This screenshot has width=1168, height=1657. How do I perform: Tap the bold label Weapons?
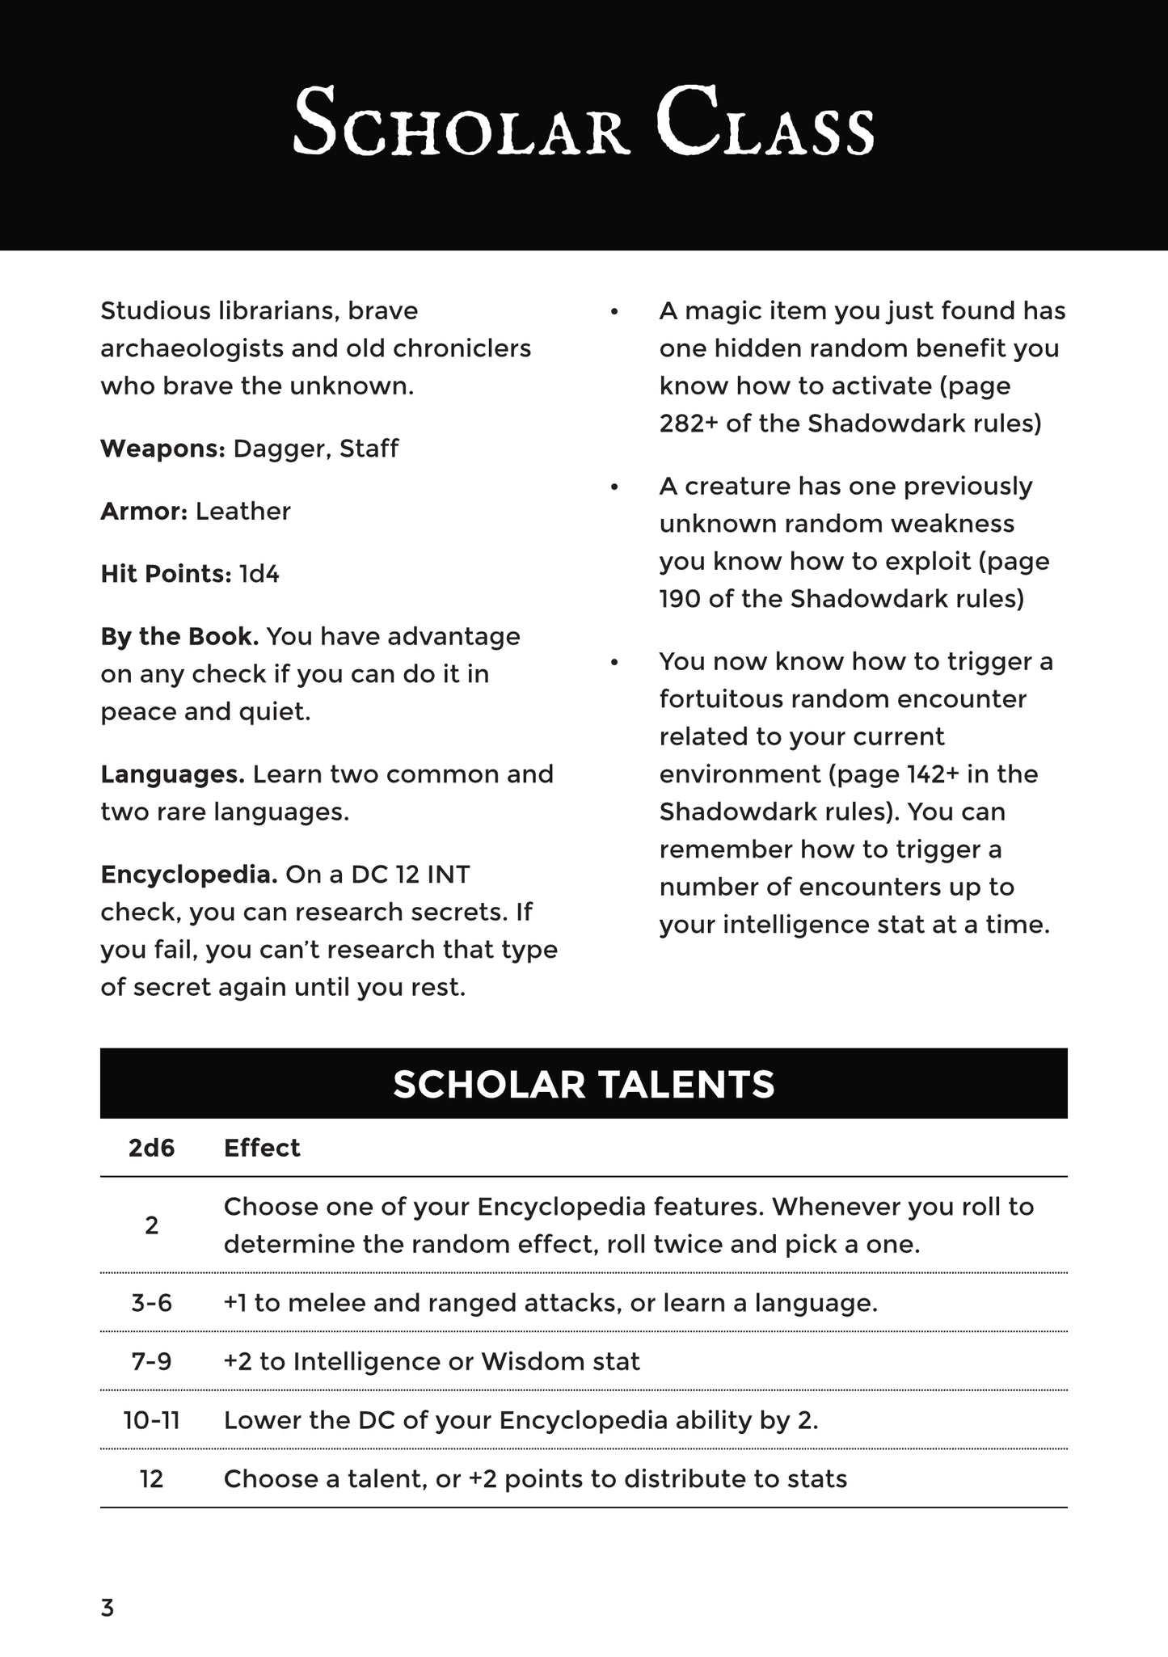[x=162, y=449]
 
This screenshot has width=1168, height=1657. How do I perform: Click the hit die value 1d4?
[x=259, y=575]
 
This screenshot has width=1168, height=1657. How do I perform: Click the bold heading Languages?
[x=172, y=774]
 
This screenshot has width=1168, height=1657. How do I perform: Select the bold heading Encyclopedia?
[x=189, y=875]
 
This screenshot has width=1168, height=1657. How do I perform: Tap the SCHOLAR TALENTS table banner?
[x=584, y=1084]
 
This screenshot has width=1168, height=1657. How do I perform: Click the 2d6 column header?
[x=152, y=1148]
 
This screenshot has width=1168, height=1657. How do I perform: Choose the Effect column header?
[x=262, y=1148]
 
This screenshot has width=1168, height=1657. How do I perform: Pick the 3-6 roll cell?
[x=152, y=1303]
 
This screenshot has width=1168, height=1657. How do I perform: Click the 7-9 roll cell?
[x=152, y=1362]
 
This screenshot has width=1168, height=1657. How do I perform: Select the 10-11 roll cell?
[x=152, y=1420]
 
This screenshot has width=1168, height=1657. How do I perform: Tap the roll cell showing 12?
[x=152, y=1479]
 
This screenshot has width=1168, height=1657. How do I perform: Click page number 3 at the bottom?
[x=108, y=1609]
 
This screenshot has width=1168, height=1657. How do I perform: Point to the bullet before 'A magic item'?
[x=614, y=312]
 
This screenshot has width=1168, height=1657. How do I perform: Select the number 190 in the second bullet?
[x=681, y=599]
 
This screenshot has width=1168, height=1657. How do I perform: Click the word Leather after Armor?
[x=242, y=512]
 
